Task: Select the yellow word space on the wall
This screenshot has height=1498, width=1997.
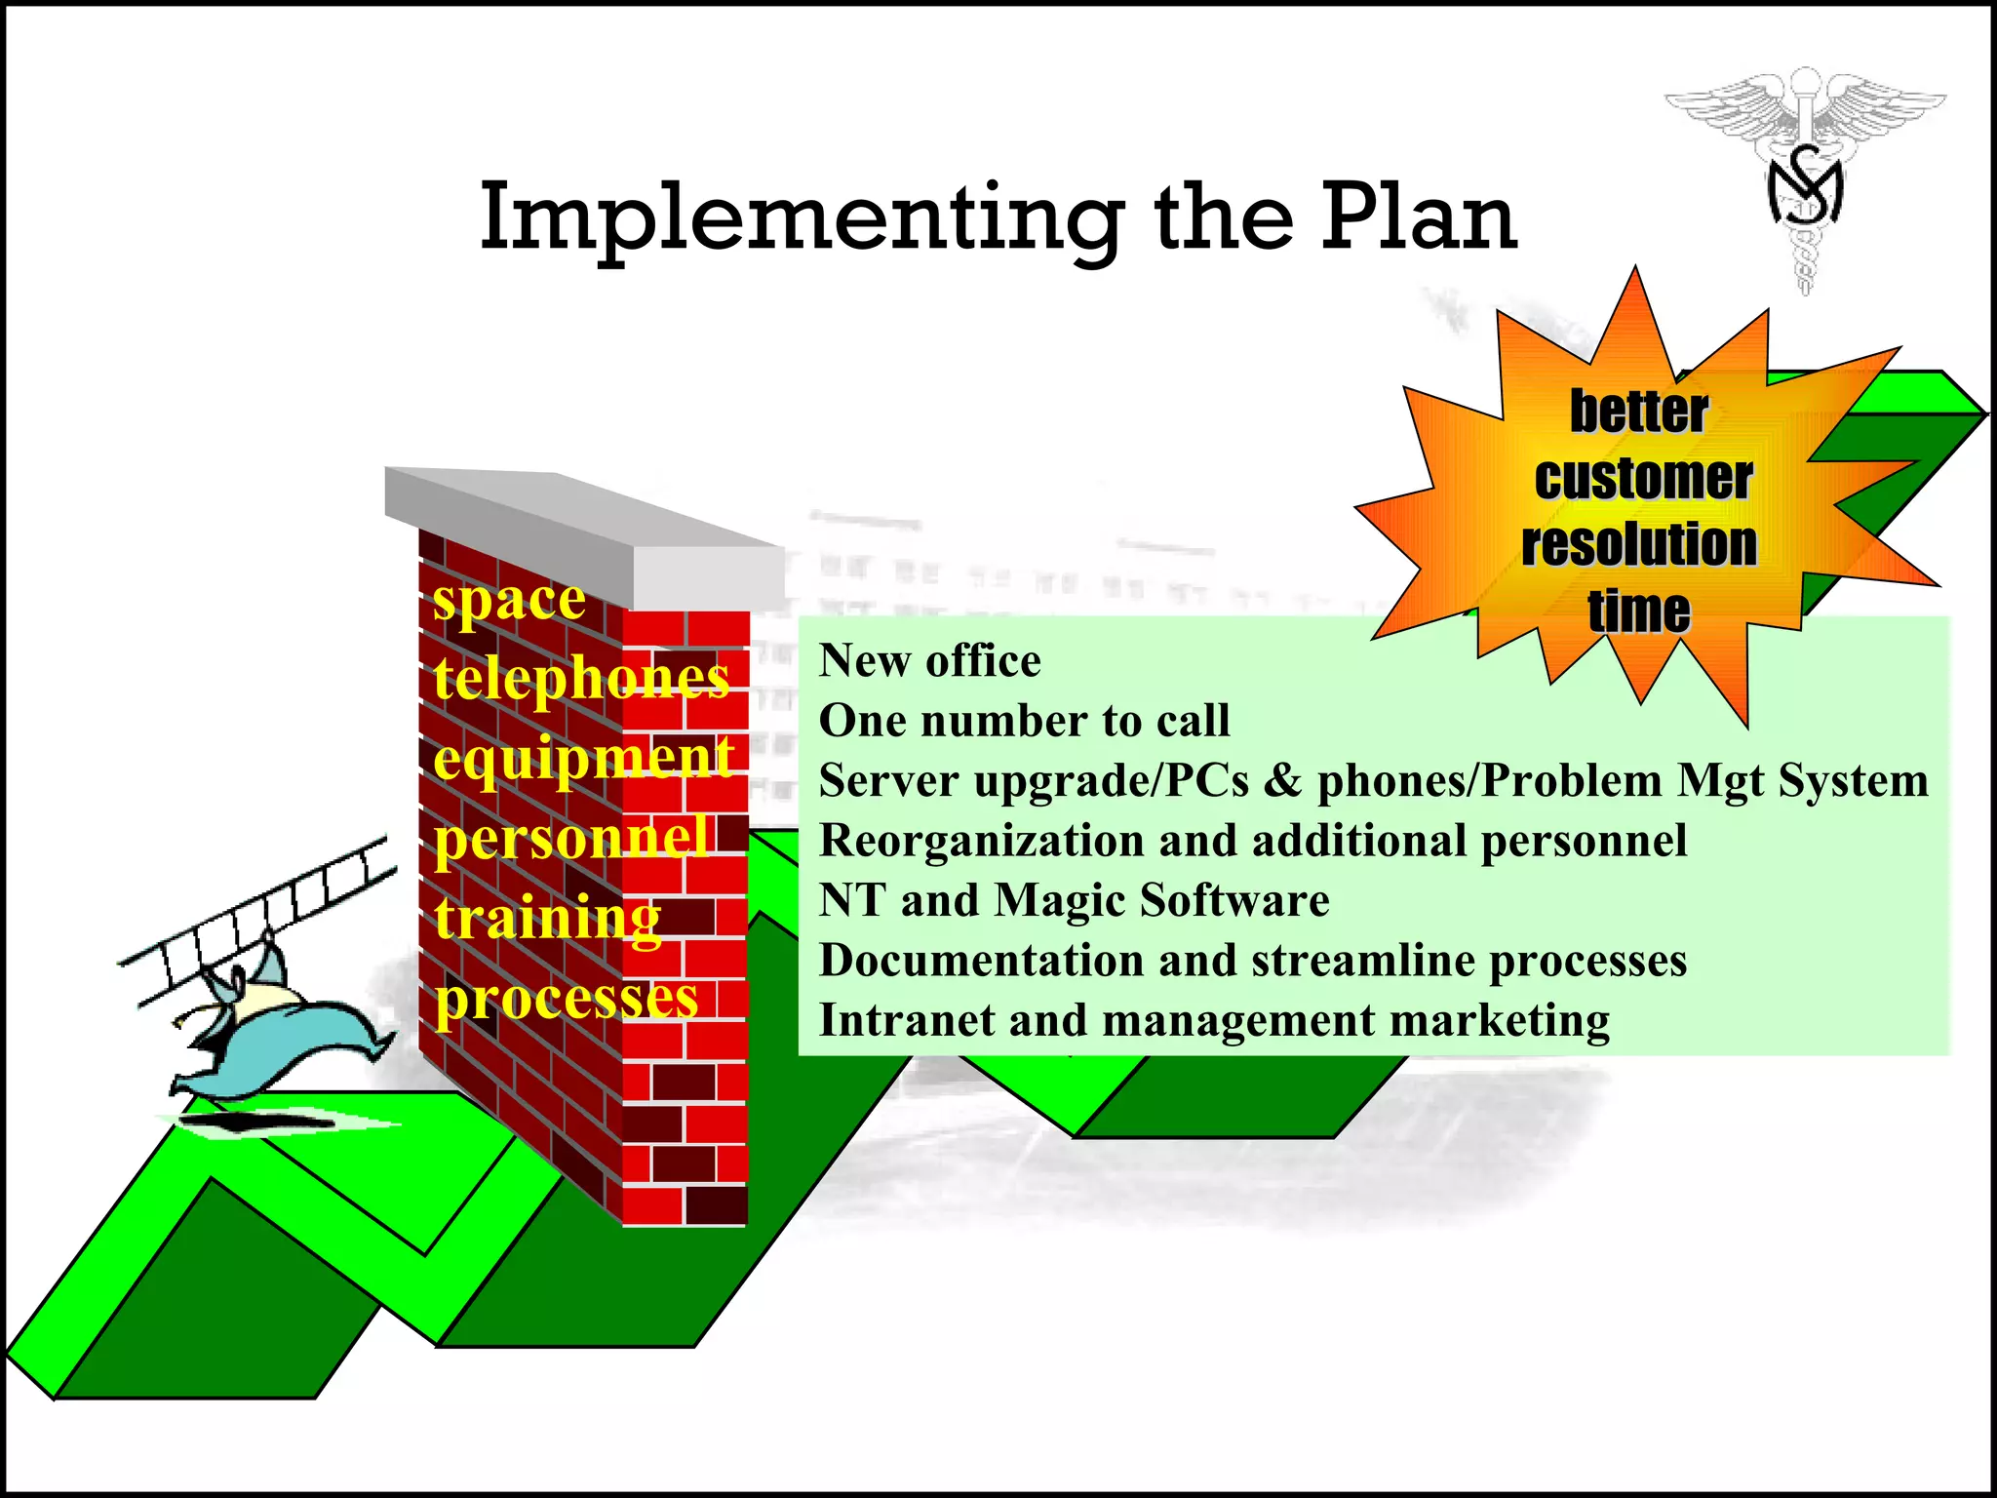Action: coord(509,599)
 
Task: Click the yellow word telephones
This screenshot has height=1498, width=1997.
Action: coord(581,677)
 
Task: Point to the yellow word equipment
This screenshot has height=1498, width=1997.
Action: coord(582,758)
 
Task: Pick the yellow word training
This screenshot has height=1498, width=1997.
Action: coord(547,918)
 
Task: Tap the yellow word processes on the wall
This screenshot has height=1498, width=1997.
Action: coord(567,999)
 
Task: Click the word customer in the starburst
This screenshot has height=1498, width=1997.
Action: coord(1643,478)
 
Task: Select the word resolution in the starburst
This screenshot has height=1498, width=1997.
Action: coord(1639,544)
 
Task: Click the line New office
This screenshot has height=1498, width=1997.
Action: coord(929,661)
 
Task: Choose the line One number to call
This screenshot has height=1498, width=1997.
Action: coord(1024,721)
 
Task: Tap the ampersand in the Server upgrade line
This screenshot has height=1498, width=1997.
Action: coord(1282,781)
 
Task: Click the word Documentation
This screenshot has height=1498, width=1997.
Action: coord(980,961)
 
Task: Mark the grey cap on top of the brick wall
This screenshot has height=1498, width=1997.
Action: coord(585,527)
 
